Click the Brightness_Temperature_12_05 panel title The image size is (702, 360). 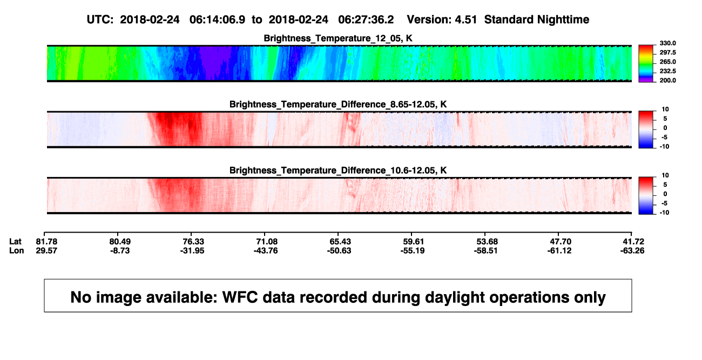[338, 38]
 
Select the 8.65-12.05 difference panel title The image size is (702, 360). [338, 104]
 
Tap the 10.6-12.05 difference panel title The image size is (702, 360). [338, 171]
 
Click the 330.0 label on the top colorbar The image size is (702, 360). [667, 43]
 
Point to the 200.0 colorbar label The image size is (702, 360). [667, 80]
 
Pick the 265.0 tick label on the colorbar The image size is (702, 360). [667, 62]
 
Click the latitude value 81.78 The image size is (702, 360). [46, 242]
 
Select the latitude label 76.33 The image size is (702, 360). [193, 242]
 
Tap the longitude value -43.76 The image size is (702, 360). [266, 250]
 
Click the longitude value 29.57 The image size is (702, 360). [46, 250]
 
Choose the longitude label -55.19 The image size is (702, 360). [413, 250]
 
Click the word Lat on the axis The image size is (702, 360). [15, 242]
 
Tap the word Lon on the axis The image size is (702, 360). [17, 250]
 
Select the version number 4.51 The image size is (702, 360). [465, 20]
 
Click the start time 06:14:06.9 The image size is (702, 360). [217, 20]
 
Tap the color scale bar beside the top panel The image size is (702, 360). [646, 64]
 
